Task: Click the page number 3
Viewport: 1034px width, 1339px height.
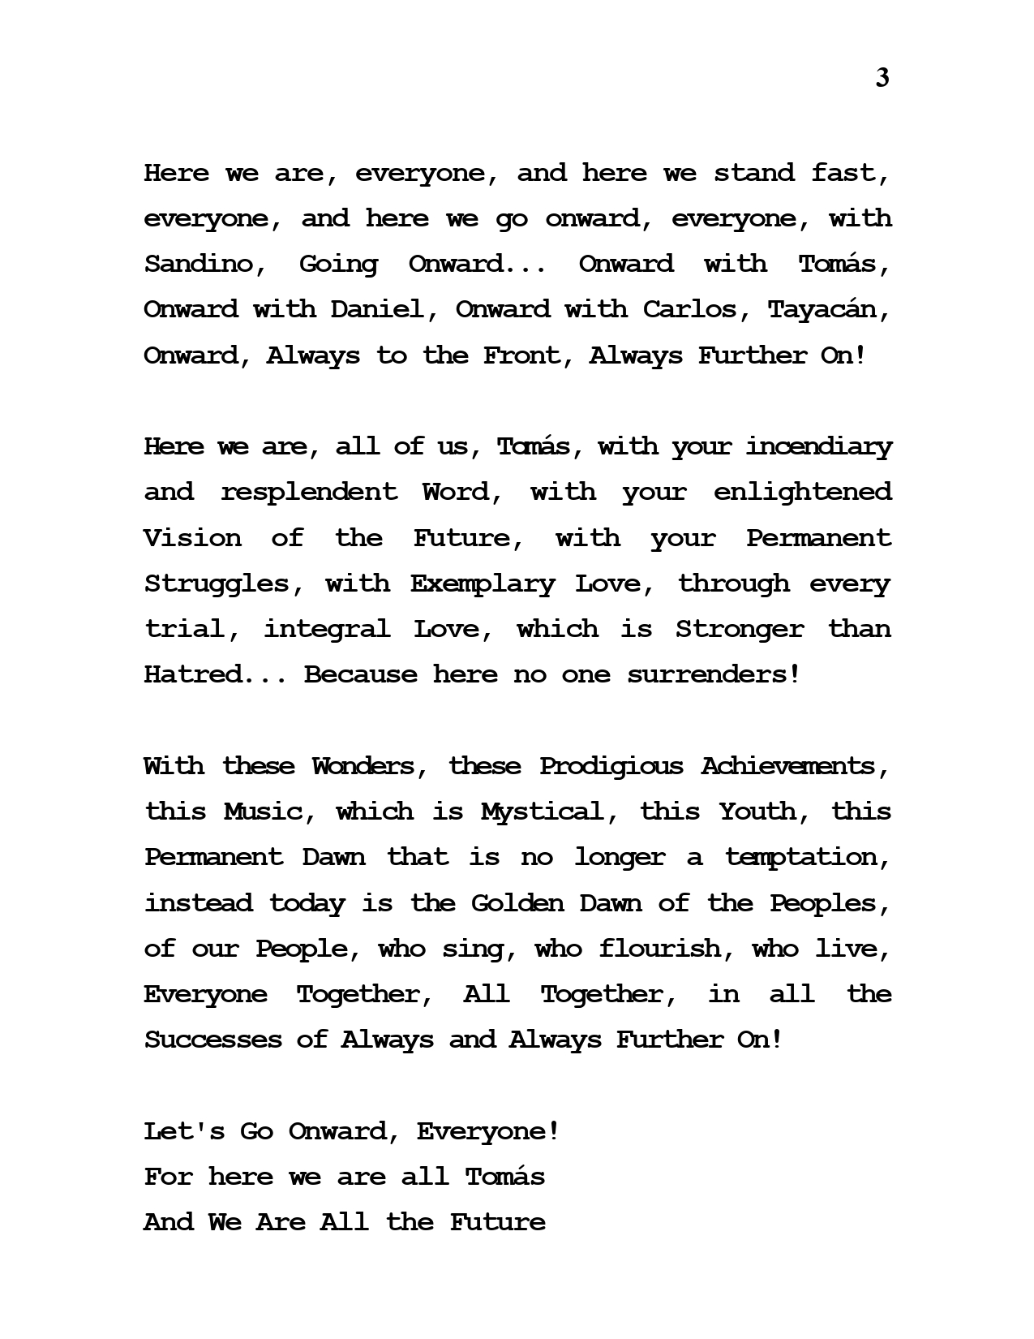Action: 882,79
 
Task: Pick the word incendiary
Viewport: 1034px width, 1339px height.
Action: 818,447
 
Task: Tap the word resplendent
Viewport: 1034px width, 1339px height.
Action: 309,493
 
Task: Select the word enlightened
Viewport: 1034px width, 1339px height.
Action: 802,493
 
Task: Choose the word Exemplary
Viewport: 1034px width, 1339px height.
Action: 483,583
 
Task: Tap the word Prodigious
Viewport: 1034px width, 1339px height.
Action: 611,766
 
